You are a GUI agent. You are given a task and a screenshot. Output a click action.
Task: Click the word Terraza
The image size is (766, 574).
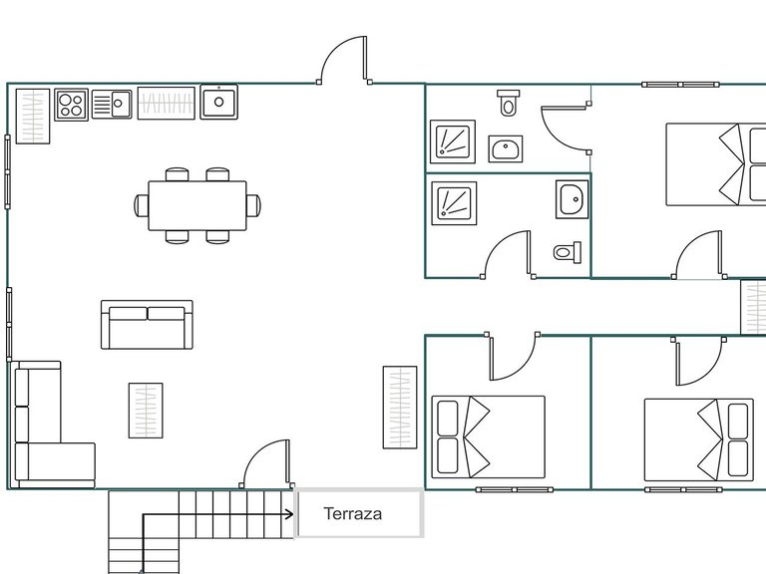tap(353, 515)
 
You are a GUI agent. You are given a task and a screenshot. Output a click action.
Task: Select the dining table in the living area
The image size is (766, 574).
tap(196, 205)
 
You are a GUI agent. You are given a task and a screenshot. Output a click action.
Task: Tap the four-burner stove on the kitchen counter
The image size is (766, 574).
tap(71, 104)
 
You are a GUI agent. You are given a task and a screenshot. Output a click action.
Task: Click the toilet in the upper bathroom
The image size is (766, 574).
tap(509, 102)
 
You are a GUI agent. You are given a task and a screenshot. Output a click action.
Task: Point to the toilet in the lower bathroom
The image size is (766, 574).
tap(566, 252)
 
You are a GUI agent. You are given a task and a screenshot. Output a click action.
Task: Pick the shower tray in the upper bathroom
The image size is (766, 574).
tap(453, 142)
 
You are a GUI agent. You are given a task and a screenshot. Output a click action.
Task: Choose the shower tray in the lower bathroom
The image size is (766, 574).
tap(453, 202)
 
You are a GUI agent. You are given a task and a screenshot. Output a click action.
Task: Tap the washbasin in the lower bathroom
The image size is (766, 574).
tap(572, 200)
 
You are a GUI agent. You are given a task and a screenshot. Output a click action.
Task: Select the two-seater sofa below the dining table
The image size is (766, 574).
tap(146, 325)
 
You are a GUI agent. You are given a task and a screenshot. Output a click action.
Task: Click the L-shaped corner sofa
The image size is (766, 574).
tap(45, 429)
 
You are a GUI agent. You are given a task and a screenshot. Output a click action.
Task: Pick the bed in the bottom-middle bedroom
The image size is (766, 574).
tap(489, 436)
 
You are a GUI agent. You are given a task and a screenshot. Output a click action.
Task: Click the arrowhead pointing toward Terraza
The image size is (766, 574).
tap(289, 515)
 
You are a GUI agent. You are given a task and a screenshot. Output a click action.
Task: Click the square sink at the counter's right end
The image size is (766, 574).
tap(218, 102)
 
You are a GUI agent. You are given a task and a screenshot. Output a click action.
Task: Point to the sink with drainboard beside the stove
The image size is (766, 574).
tap(112, 104)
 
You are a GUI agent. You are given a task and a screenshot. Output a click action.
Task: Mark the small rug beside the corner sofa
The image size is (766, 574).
tap(145, 410)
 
